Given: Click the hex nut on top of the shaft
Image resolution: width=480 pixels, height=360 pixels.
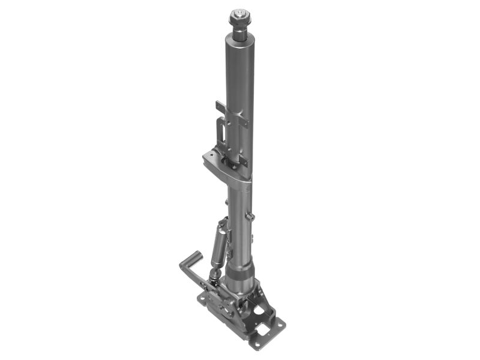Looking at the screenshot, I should (240, 14).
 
